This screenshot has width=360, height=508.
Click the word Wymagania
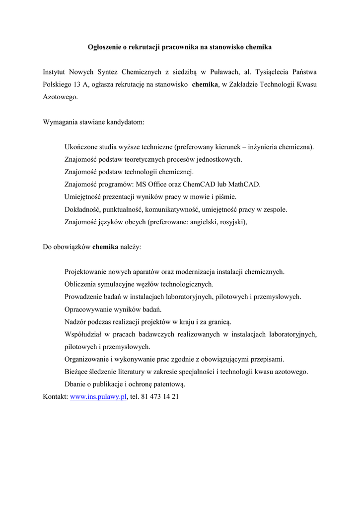pos(60,122)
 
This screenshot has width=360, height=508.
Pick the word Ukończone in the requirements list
pos(80,147)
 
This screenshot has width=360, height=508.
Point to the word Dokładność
pos(83,209)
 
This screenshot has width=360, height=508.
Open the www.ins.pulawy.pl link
pos(98,397)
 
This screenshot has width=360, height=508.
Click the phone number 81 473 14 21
pos(160,397)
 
